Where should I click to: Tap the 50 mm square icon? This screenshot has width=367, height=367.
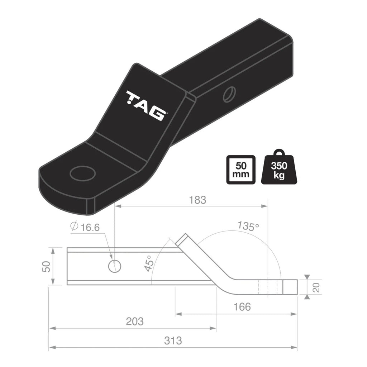pyautogui.click(x=241, y=170)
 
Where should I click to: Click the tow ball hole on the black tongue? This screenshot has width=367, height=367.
pyautogui.click(x=83, y=173)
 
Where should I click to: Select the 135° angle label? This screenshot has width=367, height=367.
pyautogui.click(x=248, y=226)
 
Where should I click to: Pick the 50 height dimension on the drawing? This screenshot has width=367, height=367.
pyautogui.click(x=46, y=266)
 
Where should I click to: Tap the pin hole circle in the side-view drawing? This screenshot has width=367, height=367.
pyautogui.click(x=114, y=266)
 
